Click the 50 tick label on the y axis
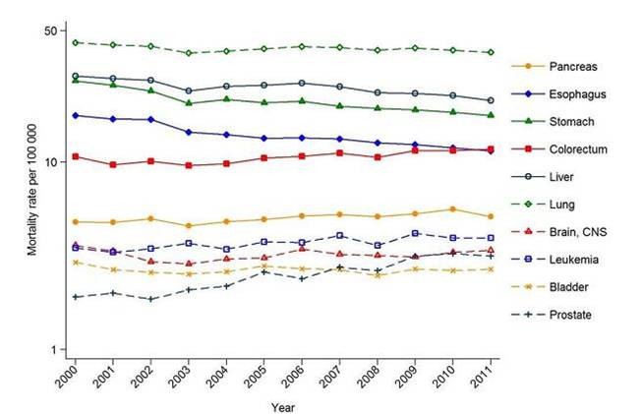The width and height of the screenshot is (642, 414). coord(49,31)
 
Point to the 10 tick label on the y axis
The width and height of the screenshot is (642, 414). coord(49,161)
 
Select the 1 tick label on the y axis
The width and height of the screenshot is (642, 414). coord(52,350)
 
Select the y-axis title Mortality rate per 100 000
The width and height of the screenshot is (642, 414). coord(32,191)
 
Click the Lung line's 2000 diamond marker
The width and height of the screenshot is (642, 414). coord(76,42)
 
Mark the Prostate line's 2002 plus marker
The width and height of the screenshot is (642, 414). coord(150,299)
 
